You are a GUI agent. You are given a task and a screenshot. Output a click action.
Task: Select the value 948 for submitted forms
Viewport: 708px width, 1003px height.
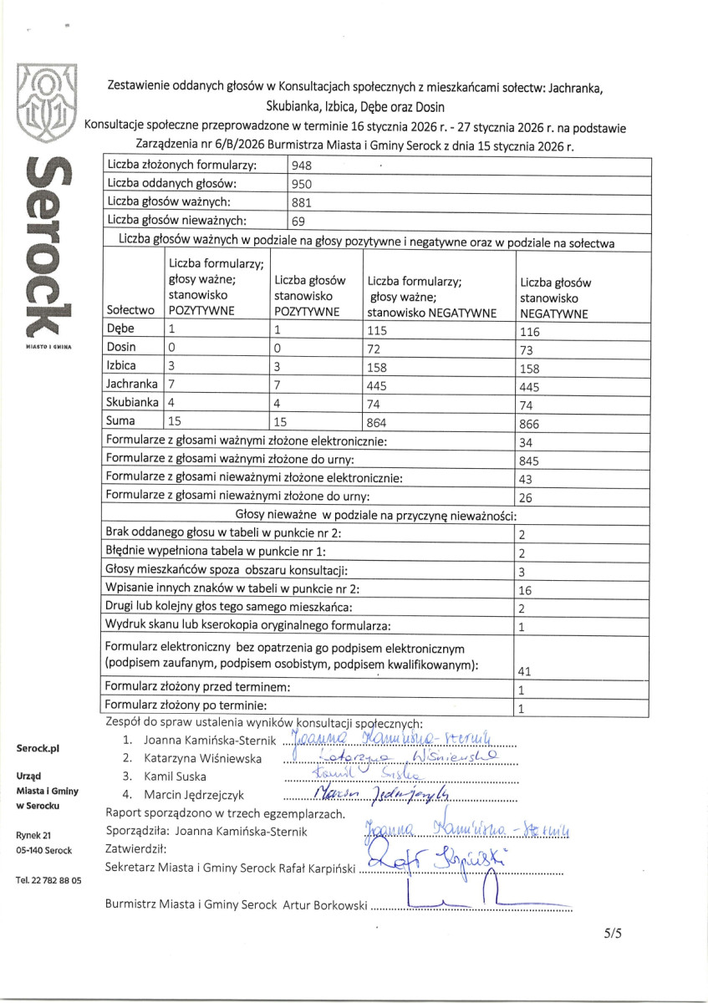coord(301,165)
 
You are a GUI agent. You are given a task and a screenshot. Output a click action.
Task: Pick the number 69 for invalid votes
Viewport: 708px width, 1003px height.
coord(297,221)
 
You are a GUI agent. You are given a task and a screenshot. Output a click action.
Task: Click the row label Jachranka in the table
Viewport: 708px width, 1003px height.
coord(131,384)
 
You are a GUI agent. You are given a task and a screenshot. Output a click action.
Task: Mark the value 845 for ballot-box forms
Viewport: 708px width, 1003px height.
coord(530,461)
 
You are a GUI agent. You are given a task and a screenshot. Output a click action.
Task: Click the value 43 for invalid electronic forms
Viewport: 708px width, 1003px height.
coord(526,479)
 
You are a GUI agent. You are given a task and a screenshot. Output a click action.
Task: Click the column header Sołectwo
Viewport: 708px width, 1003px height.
coord(131,309)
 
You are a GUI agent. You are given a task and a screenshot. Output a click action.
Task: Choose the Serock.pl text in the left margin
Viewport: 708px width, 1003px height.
coord(38,749)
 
